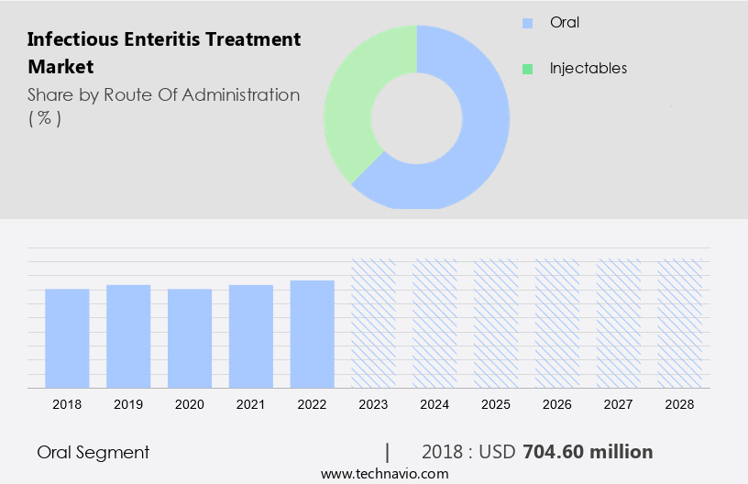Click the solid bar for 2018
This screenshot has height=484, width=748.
(x=67, y=337)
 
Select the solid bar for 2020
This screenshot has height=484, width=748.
(x=190, y=337)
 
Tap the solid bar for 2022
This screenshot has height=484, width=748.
(x=312, y=334)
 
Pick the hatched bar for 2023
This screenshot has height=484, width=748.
(x=373, y=323)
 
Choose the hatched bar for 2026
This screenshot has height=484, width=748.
(x=557, y=323)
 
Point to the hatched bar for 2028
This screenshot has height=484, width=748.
(x=680, y=323)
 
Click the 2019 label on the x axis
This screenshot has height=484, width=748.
(x=128, y=403)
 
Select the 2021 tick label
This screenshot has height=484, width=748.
(x=251, y=403)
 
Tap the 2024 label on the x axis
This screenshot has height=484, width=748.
(x=434, y=403)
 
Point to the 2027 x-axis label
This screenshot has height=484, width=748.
(x=619, y=403)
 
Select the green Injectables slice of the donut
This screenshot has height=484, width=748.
(x=353, y=101)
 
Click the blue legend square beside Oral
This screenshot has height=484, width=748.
(x=527, y=23)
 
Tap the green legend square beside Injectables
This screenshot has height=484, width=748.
(x=527, y=69)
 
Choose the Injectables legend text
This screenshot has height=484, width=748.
(x=588, y=69)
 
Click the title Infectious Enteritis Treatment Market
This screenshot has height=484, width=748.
(x=163, y=52)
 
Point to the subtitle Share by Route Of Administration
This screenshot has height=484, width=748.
(x=163, y=94)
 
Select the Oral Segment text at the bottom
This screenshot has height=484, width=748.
(x=93, y=452)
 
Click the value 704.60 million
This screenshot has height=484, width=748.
(x=588, y=452)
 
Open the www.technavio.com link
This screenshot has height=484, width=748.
(x=384, y=474)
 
